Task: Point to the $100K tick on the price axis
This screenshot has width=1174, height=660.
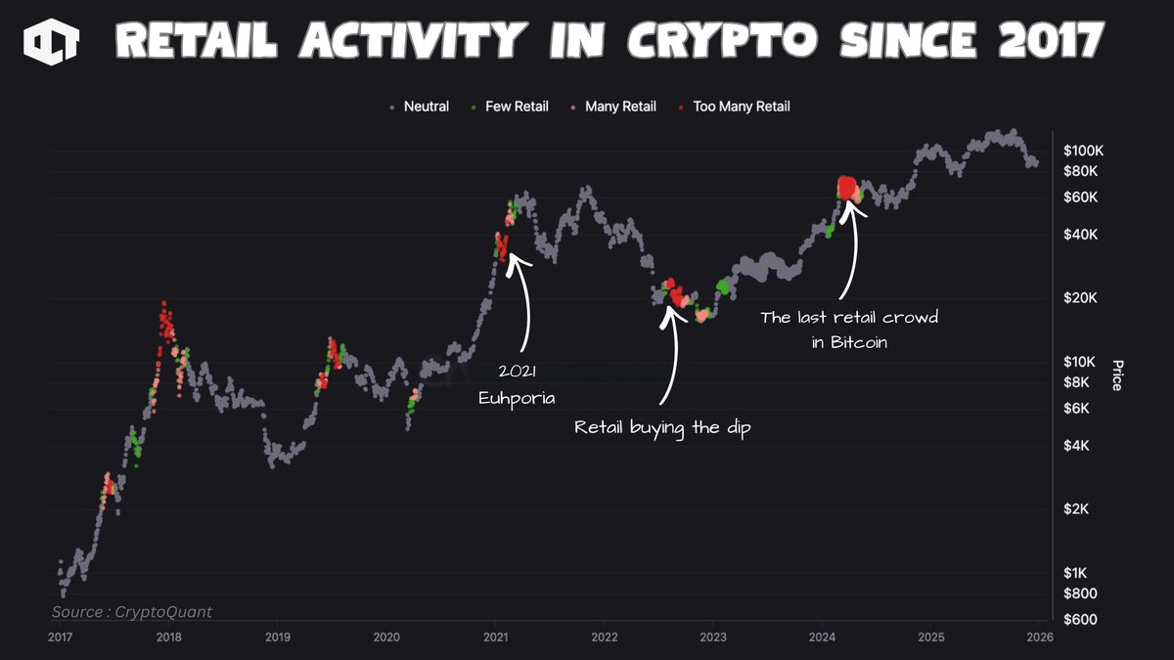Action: coord(1082,152)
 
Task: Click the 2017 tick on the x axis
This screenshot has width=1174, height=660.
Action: coord(60,638)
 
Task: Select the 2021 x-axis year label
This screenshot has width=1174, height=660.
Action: coord(496,638)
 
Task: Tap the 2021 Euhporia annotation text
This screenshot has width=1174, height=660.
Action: coord(518,386)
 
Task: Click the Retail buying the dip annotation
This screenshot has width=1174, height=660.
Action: coord(661,428)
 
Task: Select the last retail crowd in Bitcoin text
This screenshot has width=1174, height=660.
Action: coord(849,330)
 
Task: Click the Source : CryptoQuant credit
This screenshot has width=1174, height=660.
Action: coord(132,612)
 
